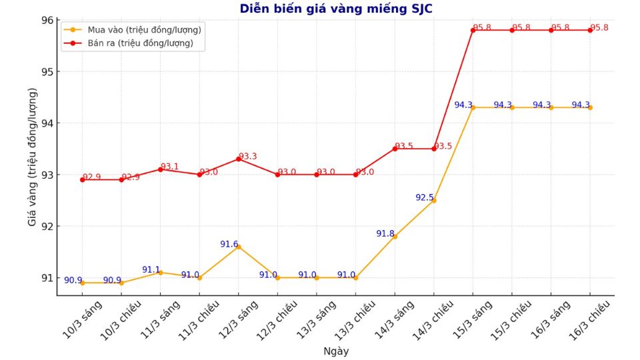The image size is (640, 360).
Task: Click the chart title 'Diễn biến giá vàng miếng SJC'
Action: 336,9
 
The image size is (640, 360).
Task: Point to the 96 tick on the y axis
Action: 48,20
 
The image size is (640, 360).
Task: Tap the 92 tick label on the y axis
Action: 48,227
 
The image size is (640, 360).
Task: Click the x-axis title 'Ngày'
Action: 336,351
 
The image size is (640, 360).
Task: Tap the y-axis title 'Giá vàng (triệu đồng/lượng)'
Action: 32,157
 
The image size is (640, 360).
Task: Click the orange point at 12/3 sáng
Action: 239,247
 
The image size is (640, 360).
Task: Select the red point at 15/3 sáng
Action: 473,30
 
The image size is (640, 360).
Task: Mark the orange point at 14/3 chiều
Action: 434,200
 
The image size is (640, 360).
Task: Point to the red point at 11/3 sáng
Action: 160,169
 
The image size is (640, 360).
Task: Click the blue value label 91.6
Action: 229,245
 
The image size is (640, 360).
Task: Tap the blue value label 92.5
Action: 424,198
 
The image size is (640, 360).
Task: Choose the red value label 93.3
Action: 248,157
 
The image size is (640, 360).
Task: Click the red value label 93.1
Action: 170,167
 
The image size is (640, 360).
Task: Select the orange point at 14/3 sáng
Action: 395,236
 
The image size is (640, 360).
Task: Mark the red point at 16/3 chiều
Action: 590,30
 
